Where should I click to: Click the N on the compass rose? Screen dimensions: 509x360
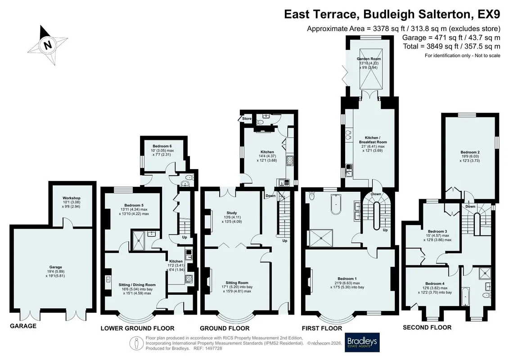click(48, 45)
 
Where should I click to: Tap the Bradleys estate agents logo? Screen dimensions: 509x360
click(362, 342)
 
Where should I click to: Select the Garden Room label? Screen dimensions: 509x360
click(369, 59)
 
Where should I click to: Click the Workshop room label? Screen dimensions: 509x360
click(72, 198)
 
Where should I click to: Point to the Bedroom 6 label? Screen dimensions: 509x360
click(162, 146)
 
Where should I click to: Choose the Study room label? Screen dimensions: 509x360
click(232, 213)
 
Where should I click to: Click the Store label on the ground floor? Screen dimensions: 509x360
click(247, 118)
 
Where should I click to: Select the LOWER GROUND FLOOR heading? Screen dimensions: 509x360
click(137, 328)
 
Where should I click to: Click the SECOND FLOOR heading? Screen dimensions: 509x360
click(427, 328)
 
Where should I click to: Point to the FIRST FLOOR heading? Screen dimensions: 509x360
click(322, 328)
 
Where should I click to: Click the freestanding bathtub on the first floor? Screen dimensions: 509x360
click(336, 204)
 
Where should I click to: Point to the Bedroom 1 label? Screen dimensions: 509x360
click(347, 279)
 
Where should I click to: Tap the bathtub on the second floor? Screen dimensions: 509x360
click(465, 296)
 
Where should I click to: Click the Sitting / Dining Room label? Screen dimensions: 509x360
click(137, 285)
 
